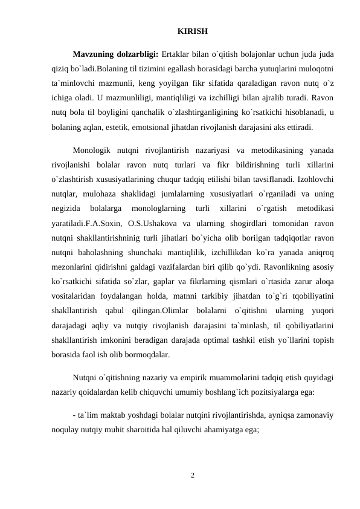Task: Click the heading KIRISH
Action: pos(193,30)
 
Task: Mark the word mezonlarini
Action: pos(72,266)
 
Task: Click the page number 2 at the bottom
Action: pos(192,475)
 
